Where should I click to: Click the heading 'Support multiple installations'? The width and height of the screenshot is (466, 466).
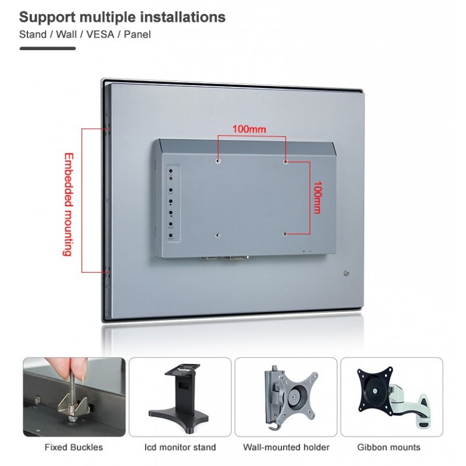pos(122,17)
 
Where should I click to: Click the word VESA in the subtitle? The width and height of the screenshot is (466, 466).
pos(101,34)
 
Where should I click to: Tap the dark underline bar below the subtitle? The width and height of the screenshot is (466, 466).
pos(48,48)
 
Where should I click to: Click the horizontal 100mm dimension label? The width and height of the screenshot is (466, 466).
pos(249,128)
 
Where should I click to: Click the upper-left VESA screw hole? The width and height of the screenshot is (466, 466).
pos(218,161)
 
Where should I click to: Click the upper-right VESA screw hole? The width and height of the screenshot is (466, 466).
pos(285,161)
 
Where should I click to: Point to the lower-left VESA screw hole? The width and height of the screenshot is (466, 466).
pos(218,235)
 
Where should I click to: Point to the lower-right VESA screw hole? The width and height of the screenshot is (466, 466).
pos(285,234)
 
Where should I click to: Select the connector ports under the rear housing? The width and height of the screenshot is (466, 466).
pos(227,257)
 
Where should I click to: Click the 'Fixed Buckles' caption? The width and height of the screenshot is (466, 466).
pos(74,447)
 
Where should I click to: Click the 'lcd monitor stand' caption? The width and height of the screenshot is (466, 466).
pos(180,447)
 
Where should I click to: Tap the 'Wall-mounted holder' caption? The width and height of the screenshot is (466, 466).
pos(285,447)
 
